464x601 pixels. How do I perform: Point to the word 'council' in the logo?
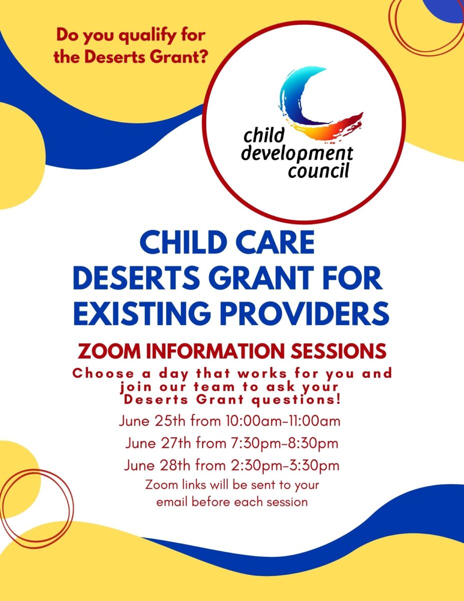318,170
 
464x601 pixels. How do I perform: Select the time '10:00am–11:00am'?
283,421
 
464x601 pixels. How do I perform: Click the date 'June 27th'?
158,443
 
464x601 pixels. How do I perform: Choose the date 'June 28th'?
157,465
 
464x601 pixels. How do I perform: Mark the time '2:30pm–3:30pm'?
285,466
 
